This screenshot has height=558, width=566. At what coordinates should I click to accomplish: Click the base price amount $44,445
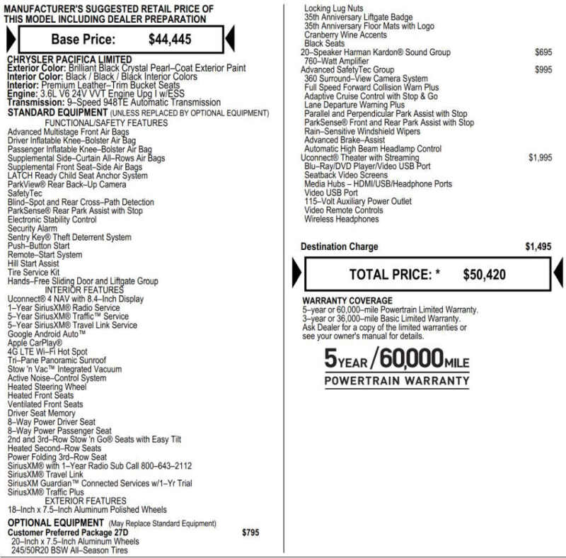170,40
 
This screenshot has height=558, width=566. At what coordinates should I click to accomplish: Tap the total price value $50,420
484,275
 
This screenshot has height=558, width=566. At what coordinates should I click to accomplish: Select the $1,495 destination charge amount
538,247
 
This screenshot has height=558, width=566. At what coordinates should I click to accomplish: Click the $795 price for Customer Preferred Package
250,532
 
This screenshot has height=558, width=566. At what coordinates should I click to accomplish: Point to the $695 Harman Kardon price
543,52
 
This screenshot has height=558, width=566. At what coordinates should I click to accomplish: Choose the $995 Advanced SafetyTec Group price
543,70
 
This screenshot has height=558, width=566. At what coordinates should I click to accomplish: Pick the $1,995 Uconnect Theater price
540,158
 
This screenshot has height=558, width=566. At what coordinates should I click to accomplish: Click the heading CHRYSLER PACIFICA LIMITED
69,59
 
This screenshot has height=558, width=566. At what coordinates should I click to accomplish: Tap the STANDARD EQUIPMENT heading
57,113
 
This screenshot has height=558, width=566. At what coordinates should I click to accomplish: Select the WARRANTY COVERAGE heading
347,301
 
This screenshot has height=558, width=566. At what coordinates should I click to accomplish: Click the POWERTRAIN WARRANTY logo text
396,381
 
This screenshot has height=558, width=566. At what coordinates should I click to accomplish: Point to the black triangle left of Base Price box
9,38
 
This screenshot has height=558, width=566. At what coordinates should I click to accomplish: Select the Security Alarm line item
33,229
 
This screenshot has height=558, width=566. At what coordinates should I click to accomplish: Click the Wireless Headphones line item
341,220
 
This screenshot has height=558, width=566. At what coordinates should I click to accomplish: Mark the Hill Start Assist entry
33,263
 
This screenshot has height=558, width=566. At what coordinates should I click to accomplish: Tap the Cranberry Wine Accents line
345,35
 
